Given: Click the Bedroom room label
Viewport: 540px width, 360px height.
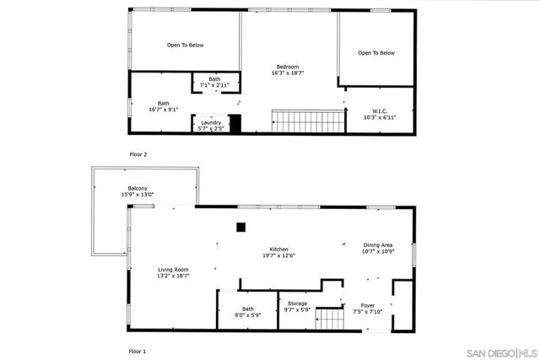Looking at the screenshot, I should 287,67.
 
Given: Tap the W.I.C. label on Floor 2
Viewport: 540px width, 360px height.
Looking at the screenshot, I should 379,110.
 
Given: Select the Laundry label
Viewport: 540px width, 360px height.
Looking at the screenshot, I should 210,122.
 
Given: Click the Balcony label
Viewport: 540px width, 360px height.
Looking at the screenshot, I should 138,188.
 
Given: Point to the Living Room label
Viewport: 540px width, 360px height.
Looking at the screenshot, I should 173,270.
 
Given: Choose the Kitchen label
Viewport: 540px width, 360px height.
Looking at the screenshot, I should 279,250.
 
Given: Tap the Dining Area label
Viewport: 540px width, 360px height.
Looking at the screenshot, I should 378,245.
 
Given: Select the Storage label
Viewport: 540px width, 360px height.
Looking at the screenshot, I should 297,304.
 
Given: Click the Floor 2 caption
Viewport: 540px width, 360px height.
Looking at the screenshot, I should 138,154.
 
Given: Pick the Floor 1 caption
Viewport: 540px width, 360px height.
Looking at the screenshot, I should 138,350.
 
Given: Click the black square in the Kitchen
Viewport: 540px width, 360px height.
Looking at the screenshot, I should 241,226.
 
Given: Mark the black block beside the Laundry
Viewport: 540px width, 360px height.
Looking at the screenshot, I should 235,124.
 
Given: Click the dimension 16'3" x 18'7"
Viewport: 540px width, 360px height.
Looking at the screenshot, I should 287,73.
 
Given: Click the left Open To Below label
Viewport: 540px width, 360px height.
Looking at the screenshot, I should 185,45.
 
